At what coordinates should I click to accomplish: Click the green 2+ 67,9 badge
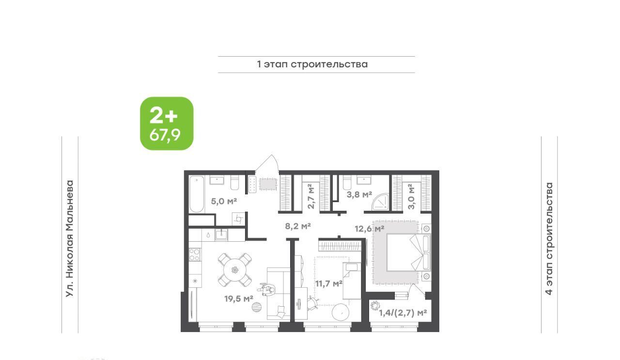coord(167,124)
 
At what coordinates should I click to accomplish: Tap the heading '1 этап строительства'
coord(312,64)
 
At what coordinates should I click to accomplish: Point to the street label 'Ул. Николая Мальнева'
coord(70,239)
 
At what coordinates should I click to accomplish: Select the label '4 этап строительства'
coord(549,239)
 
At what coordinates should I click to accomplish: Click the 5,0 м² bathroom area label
coord(224,201)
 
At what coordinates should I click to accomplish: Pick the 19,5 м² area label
coord(239,299)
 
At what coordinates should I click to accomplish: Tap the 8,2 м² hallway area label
coord(298,226)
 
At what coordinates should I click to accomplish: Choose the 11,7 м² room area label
coord(329,283)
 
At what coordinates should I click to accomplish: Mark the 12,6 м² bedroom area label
coord(369,229)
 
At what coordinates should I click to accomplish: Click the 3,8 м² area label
coord(359,195)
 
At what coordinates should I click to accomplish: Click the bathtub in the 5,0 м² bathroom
coord(197,194)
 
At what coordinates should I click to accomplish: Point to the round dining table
coord(235,270)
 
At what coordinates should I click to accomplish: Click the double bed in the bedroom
coord(408,252)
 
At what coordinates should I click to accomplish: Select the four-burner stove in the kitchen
coord(194,254)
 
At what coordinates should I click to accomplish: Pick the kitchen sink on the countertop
coord(221,235)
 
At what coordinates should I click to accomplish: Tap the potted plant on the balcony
coord(375,306)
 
